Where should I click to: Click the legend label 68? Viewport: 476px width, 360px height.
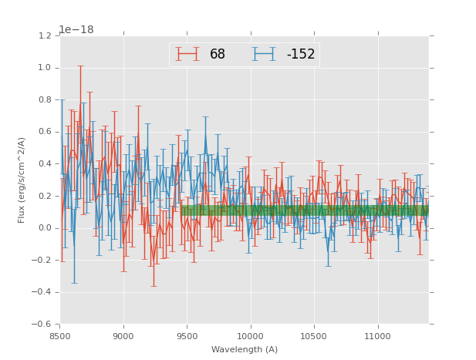click(x=217, y=54)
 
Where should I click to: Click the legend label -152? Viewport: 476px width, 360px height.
click(x=300, y=54)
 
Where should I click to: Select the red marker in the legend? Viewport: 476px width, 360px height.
click(x=187, y=54)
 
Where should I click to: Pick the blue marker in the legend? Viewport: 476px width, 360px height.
click(x=264, y=54)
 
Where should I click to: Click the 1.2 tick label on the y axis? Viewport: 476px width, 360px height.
click(x=45, y=36)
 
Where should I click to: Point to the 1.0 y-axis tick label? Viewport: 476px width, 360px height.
click(x=45, y=68)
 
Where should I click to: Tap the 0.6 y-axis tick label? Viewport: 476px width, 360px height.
click(x=45, y=132)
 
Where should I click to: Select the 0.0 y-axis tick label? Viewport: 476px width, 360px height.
click(x=45, y=228)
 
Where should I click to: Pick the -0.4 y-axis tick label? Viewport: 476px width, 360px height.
click(x=42, y=292)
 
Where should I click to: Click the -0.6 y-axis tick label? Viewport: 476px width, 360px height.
click(x=42, y=324)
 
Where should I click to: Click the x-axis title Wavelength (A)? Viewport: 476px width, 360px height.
click(x=245, y=349)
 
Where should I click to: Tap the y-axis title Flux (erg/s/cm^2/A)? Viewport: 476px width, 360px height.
click(x=22, y=180)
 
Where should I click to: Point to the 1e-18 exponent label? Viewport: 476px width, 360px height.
click(x=76, y=29)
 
